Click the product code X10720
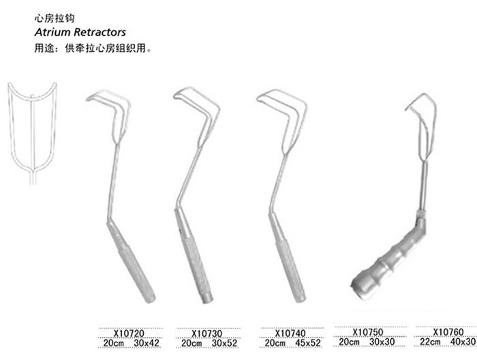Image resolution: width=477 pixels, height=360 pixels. click(129, 333)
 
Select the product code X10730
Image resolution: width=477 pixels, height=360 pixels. click(207, 333)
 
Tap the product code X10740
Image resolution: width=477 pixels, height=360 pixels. click(290, 333)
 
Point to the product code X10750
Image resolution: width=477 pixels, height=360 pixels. click(368, 331)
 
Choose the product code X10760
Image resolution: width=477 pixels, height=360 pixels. click(448, 331)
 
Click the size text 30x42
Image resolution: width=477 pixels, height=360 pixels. click(147, 343)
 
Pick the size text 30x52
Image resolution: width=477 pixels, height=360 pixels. click(224, 343)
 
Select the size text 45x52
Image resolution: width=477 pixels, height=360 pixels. click(308, 343)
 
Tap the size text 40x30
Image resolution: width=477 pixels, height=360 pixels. click(463, 342)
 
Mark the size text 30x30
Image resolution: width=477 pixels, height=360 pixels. click(382, 342)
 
